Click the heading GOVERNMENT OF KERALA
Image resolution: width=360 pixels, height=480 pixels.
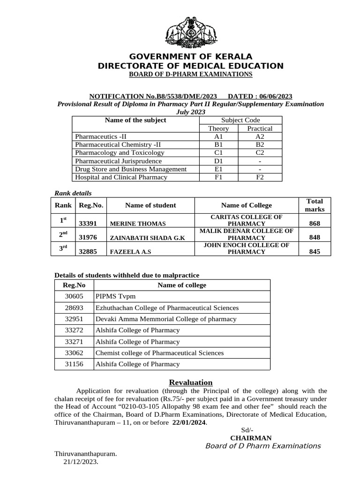tap(190, 57)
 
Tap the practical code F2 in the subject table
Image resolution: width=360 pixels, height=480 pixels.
tap(260, 177)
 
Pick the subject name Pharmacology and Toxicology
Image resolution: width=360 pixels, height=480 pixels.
tap(120, 153)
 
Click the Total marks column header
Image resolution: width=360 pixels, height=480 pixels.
tap(315, 205)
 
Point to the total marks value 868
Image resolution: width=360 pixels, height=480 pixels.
tap(315, 224)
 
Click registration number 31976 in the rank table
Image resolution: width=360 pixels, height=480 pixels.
tap(88, 238)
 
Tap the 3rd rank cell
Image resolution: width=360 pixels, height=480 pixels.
tap(63, 248)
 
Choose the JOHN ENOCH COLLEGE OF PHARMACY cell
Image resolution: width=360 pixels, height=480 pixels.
tap(246, 248)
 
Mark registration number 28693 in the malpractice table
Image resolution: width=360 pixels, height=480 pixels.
tap(74, 308)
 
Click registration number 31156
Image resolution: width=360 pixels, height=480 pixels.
tap(74, 364)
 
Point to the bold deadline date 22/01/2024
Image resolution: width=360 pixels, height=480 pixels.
tap(189, 422)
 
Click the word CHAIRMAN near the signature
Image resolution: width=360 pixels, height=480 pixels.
tap(251, 438)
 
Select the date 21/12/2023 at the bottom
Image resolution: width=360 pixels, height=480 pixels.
tap(81, 462)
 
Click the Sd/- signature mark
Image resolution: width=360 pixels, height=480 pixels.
tap(247, 430)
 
